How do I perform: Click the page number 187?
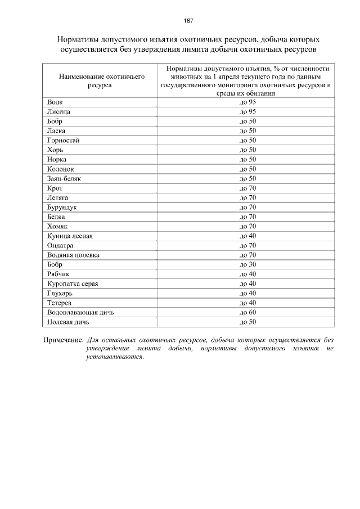[x=188, y=21]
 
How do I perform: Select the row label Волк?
[x=55, y=102]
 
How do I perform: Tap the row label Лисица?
[x=58, y=112]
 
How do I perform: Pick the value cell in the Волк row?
[x=247, y=102]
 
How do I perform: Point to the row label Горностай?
[x=64, y=141]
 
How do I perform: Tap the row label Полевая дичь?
[x=69, y=322]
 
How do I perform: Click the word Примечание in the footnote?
[x=64, y=340]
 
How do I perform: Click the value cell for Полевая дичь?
[x=247, y=322]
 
